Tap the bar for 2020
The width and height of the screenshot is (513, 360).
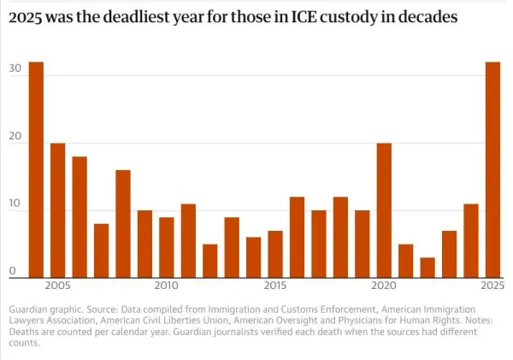tap(385, 210)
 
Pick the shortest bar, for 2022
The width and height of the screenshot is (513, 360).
tap(427, 268)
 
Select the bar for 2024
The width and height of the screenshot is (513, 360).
tap(471, 240)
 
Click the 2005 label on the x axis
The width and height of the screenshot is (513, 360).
tap(58, 285)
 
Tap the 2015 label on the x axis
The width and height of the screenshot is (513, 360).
tap(275, 285)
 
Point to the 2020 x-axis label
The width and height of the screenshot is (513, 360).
tap(384, 285)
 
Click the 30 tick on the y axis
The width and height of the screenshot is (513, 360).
tap(15, 68)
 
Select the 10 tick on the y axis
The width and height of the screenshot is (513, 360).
tap(15, 204)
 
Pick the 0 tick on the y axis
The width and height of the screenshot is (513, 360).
tap(12, 271)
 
